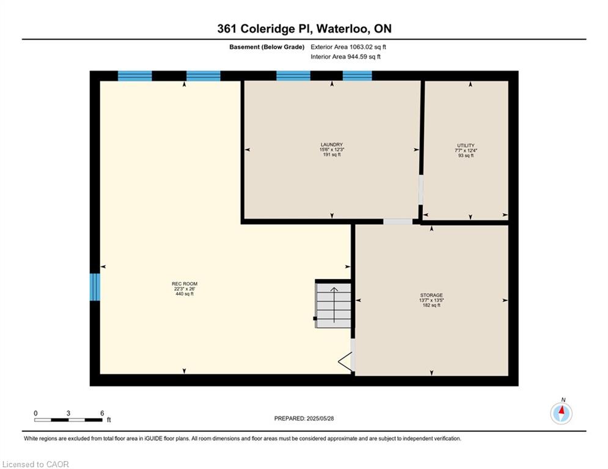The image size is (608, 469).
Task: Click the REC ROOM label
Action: pyautogui.click(x=185, y=284)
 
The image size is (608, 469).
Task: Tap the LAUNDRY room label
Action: pyautogui.click(x=332, y=145)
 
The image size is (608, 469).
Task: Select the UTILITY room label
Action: pyautogui.click(x=466, y=145)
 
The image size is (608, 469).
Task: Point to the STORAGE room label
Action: pyautogui.click(x=431, y=295)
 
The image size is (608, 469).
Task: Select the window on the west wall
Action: pyautogui.click(x=95, y=287)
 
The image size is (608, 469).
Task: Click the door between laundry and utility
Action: pyautogui.click(x=421, y=189)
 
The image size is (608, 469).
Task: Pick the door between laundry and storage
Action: pyautogui.click(x=398, y=222)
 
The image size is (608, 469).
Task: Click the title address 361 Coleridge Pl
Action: pyautogui.click(x=265, y=29)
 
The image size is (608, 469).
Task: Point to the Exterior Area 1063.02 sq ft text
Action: pyautogui.click(x=348, y=47)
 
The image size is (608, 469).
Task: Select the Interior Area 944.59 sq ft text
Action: pyautogui.click(x=345, y=57)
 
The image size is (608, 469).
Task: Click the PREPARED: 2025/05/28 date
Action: pyautogui.click(x=304, y=418)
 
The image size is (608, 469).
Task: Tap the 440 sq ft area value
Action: pyautogui.click(x=185, y=294)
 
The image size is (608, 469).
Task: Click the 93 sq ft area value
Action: pyautogui.click(x=466, y=156)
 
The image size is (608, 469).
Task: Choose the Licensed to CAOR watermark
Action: pyautogui.click(x=35, y=464)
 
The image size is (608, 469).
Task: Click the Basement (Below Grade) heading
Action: pyautogui.click(x=267, y=47)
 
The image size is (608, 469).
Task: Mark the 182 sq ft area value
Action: pyautogui.click(x=431, y=305)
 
